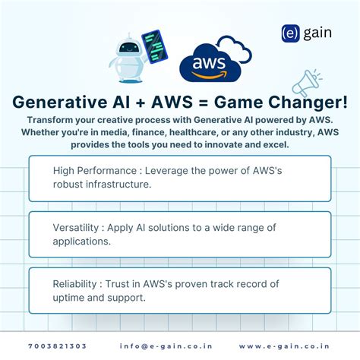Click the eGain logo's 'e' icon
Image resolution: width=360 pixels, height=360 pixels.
tap(289, 33)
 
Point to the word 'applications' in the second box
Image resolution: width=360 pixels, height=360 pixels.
tap(82, 241)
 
